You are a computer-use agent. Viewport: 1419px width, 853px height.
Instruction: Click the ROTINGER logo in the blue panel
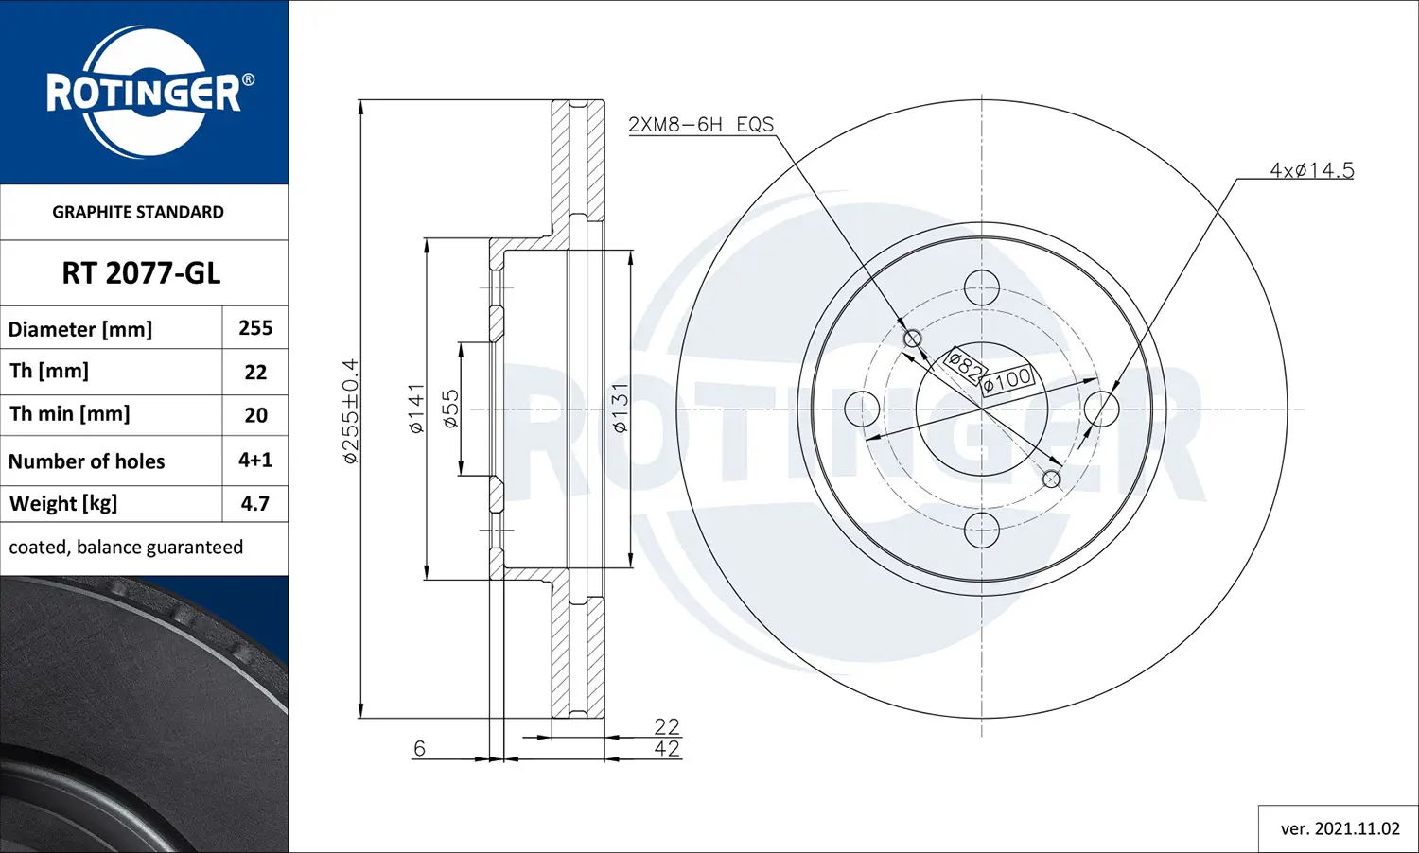144,92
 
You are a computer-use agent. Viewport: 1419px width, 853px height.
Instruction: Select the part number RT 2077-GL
141,273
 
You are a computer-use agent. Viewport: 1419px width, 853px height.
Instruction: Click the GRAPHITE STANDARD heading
138,212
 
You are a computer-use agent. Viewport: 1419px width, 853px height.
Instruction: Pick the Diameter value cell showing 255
255,328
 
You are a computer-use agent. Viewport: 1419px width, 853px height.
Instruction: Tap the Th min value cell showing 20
255,415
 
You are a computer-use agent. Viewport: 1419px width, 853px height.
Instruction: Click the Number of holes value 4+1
255,461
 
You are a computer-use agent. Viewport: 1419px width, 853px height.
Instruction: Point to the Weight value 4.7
255,504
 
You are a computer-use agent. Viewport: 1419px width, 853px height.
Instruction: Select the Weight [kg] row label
63,504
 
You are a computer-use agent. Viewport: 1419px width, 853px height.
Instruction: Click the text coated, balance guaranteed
126,548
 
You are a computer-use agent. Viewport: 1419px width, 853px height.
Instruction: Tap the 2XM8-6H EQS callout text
701,125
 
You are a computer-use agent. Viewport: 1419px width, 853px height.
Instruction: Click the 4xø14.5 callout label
1311,170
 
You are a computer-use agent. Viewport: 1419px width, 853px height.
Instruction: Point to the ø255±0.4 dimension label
350,410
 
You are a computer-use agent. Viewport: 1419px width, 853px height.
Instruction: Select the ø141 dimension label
416,409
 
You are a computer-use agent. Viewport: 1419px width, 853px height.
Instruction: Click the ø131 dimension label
620,409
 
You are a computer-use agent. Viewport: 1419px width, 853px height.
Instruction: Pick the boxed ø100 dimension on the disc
1007,380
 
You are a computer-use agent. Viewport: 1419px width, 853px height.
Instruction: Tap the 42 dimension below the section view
667,749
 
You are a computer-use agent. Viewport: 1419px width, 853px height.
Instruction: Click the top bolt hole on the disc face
982,287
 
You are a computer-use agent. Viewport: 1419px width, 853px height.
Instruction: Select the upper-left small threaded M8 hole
913,339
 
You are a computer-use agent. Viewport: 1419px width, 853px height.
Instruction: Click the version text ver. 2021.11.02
1340,829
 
